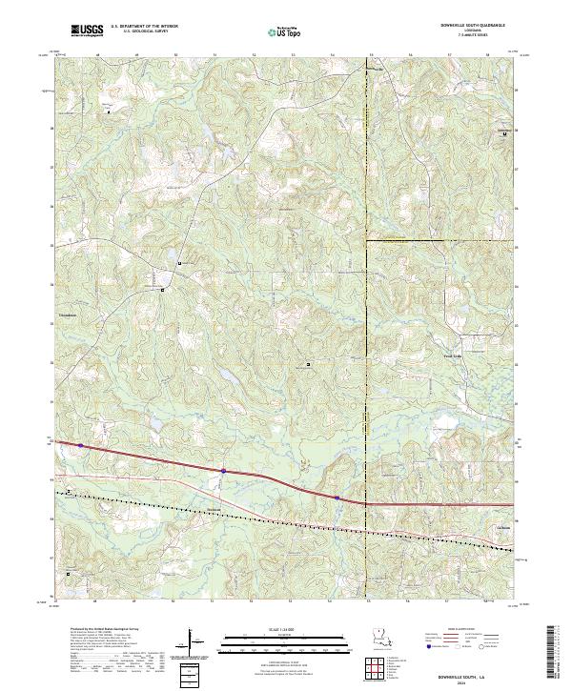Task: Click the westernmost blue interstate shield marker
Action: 81,445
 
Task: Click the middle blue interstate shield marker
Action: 223,470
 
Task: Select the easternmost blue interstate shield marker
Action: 337,497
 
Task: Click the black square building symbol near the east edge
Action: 504,134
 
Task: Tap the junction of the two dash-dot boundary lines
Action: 367,241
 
